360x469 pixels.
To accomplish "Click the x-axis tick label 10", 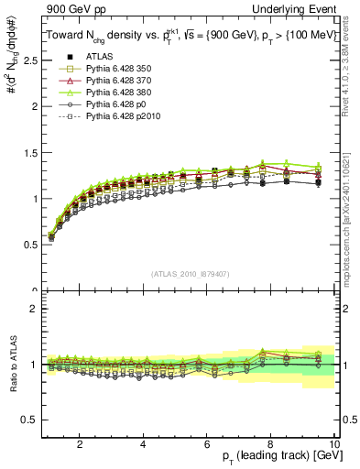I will click(333, 444).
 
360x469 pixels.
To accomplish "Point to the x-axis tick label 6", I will click(207, 444).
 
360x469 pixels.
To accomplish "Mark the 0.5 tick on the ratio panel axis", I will click(29, 420).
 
